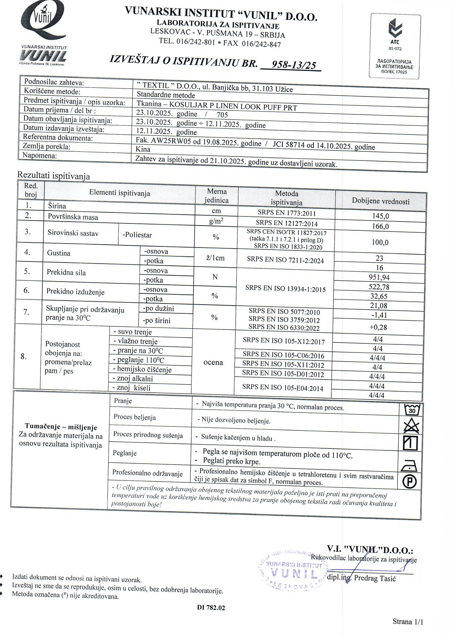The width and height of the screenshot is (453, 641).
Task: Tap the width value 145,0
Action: (x=380, y=216)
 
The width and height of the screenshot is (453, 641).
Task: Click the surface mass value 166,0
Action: (x=380, y=226)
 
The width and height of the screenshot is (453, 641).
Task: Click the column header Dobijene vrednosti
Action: (x=381, y=201)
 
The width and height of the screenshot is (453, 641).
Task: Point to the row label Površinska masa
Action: (x=73, y=217)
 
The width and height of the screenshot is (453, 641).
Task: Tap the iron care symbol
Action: (x=409, y=465)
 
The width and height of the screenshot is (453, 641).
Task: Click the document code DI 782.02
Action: (x=211, y=608)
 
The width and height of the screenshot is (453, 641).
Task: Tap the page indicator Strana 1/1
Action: (x=408, y=622)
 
